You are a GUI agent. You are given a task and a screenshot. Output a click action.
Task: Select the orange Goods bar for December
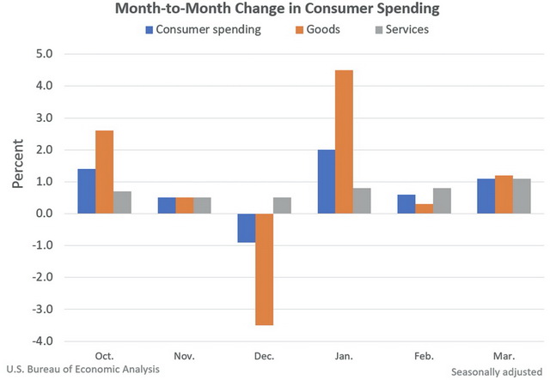pyautogui.click(x=264, y=269)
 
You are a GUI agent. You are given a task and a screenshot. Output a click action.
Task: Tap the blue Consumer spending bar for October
pyautogui.click(x=87, y=191)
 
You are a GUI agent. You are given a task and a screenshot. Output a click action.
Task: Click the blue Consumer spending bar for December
pyautogui.click(x=247, y=228)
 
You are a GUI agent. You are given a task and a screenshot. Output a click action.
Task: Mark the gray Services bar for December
pyautogui.click(x=281, y=206)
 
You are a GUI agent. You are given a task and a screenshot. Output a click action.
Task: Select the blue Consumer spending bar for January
pyautogui.click(x=327, y=182)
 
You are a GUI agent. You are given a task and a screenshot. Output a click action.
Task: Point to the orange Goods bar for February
pyautogui.click(x=425, y=208)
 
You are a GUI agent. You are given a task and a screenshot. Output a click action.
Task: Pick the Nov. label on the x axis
pyautogui.click(x=185, y=354)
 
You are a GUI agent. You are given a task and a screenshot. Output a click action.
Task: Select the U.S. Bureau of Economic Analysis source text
pyautogui.click(x=82, y=369)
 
